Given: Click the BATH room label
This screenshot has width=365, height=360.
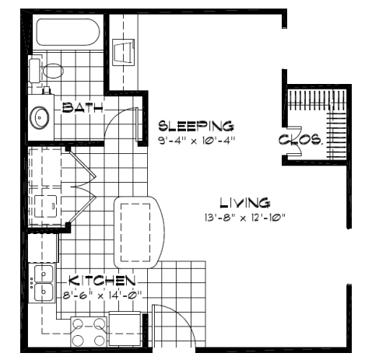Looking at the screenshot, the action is click(x=82, y=107).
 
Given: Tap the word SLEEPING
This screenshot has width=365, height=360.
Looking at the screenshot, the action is click(x=196, y=126).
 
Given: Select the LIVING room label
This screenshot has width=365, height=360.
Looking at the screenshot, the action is click(x=245, y=203).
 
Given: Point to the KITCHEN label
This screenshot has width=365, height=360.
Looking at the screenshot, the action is click(x=102, y=281).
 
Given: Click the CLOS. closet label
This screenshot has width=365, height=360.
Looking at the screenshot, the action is click(x=301, y=139).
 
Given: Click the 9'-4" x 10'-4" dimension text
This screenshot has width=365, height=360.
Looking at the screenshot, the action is click(x=197, y=141).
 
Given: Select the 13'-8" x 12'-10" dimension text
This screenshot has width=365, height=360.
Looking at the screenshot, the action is click(x=245, y=218).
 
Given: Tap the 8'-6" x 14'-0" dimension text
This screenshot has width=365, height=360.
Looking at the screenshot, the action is click(x=103, y=295).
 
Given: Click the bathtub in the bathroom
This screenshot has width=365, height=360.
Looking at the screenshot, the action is click(x=68, y=32).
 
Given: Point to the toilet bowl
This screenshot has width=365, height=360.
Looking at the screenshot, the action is click(x=53, y=71).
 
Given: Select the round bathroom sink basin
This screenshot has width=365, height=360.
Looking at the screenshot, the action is click(x=40, y=117).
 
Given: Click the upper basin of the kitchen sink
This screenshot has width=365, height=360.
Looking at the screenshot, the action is click(x=44, y=274).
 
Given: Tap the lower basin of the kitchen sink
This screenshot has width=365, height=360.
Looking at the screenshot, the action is click(x=44, y=292).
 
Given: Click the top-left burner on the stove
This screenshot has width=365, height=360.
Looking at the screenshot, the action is click(x=78, y=323).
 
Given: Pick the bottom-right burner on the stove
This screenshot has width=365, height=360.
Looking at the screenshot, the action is click(x=99, y=341).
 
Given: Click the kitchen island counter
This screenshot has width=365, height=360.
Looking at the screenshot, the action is click(x=139, y=232).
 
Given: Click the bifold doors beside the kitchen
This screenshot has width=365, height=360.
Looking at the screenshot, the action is click(x=82, y=186).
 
